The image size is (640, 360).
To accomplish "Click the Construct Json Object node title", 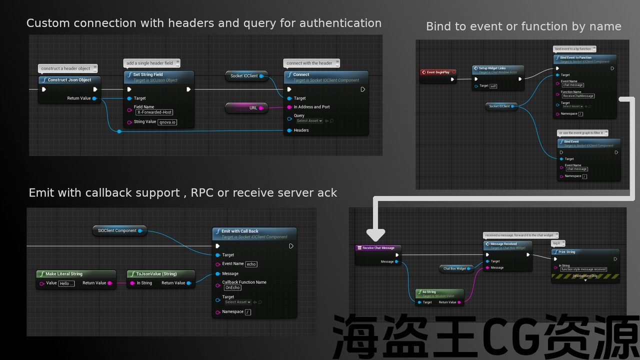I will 69,80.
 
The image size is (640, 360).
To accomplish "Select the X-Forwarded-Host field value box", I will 154,112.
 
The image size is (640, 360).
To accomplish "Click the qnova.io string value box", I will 167,122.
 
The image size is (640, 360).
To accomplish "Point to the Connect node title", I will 301,74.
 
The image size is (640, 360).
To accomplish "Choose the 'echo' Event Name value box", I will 251,264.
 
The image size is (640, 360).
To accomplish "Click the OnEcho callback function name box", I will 232,288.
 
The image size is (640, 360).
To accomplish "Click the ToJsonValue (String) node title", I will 156,274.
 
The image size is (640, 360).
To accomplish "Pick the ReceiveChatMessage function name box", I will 577,96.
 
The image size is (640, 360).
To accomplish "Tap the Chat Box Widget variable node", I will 454,268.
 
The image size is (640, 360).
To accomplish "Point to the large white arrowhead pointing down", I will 375,235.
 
